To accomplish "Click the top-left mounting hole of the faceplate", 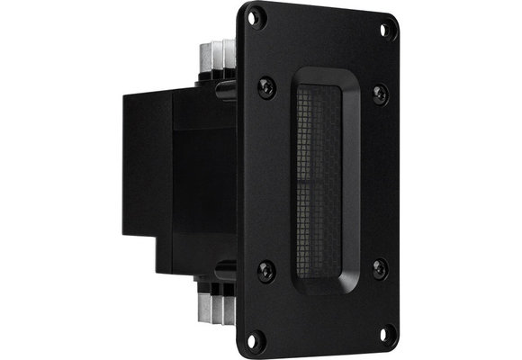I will tap(255, 15).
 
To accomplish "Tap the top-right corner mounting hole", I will tap(387, 29).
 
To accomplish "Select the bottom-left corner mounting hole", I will tap(254, 338).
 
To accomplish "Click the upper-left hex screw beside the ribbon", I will tap(266, 85).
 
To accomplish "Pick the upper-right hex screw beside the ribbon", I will tap(380, 93).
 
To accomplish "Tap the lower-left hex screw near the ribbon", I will tap(265, 268).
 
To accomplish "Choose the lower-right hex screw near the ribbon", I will tap(379, 267).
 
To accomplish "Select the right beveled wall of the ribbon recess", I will tap(353, 180).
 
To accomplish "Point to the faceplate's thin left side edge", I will tap(240, 180).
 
